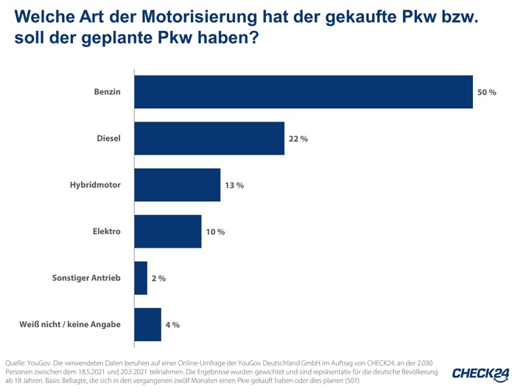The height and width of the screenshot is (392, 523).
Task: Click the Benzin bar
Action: pos(303,92)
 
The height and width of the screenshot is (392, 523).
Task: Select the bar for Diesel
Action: pos(209,139)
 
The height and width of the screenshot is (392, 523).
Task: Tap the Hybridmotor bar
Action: pos(177,185)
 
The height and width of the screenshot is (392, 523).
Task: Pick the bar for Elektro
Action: pos(167,231)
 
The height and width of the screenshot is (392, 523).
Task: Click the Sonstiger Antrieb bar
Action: pos(141,278)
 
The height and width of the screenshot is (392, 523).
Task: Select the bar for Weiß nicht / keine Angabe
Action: pos(147,324)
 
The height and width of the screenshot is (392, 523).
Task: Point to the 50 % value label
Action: pos(487,92)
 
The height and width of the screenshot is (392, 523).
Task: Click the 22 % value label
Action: pos(298,139)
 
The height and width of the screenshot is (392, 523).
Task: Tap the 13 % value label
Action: pos(234,185)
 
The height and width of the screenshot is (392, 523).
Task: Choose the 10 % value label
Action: pos(215,231)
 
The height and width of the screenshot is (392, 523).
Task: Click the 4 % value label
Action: pos(172,324)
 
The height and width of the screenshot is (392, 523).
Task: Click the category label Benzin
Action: pos(107,92)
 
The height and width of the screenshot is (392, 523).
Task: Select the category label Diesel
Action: pos(108,139)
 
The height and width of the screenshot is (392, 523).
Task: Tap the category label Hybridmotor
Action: pos(90,185)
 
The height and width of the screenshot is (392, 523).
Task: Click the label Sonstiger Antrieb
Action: pos(86,278)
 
